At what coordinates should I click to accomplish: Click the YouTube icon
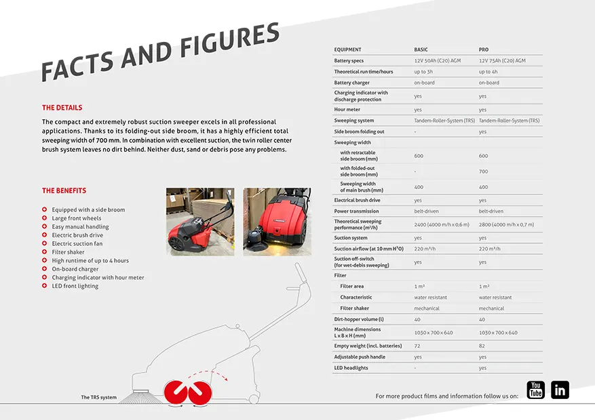(536, 390)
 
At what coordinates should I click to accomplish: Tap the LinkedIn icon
(560, 390)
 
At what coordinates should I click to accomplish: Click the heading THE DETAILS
(62, 108)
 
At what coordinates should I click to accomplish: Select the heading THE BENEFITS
(64, 191)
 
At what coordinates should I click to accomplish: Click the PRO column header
(484, 49)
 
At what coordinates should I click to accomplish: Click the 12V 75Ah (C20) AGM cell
(502, 61)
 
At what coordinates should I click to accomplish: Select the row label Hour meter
(347, 110)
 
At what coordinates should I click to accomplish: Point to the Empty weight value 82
(482, 346)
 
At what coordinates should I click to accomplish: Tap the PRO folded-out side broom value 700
(484, 171)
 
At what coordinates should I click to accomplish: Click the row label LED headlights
(351, 368)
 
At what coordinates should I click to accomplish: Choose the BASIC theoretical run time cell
(423, 72)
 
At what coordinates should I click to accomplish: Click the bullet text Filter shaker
(68, 252)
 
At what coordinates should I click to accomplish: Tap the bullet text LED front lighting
(75, 286)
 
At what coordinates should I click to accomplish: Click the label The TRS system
(98, 398)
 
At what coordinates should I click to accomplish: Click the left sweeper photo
(200, 222)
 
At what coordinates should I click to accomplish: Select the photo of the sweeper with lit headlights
(277, 222)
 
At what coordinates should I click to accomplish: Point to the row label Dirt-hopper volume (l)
(359, 319)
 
